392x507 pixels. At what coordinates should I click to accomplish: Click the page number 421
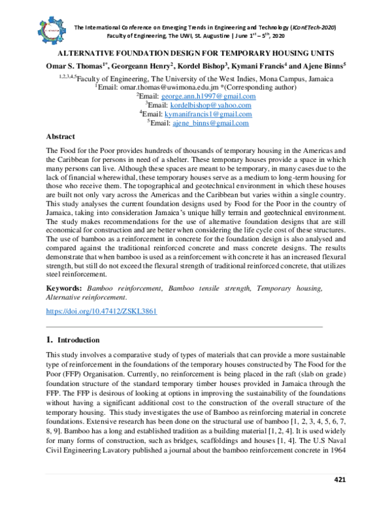click(x=339, y=480)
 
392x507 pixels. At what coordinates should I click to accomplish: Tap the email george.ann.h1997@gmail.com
click(x=212, y=96)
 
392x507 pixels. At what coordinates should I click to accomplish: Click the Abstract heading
click(x=60, y=137)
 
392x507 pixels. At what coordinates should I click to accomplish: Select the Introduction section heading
click(x=78, y=340)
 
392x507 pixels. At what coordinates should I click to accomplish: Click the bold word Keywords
click(x=63, y=287)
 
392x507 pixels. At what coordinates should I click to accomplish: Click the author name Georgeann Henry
click(x=140, y=66)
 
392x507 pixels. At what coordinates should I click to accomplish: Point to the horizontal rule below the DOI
click(x=184, y=325)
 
